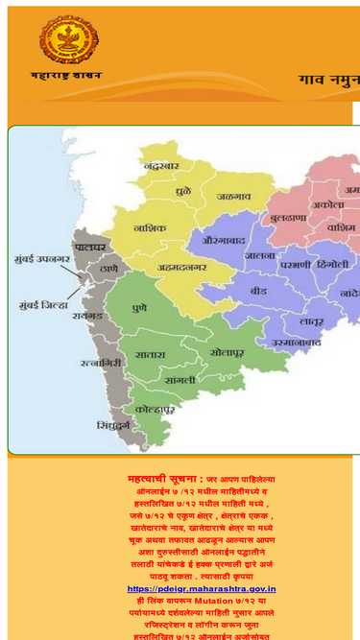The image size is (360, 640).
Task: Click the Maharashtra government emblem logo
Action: tap(68, 39)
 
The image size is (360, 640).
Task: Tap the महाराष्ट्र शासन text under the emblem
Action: tap(66, 75)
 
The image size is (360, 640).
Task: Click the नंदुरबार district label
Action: tap(161, 165)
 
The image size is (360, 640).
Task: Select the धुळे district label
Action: tap(183, 193)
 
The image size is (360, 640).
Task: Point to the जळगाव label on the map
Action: tap(233, 196)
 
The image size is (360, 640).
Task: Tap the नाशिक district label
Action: tap(150, 227)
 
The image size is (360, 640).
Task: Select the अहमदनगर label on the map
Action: tap(178, 269)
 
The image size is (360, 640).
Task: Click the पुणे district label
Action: tap(140, 311)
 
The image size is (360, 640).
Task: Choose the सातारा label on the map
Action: tap(150, 355)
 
